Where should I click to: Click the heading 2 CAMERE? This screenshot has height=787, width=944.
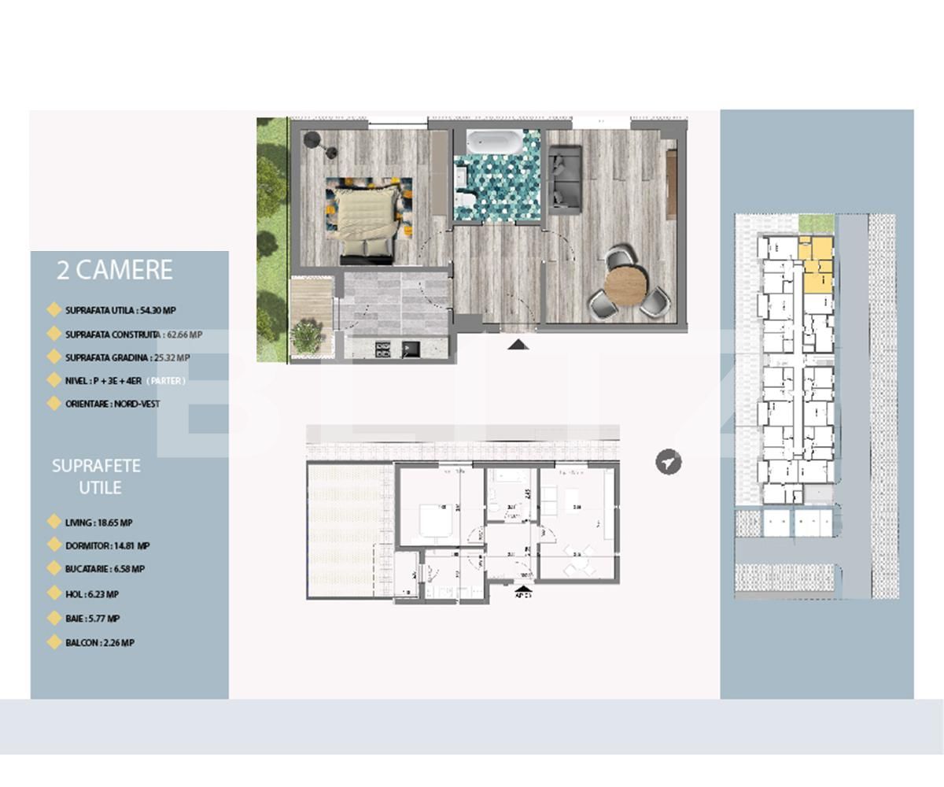pyautogui.click(x=114, y=270)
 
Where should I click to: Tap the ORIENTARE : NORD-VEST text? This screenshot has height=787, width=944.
pyautogui.click(x=112, y=404)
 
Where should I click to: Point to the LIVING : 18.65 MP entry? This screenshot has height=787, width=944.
pyautogui.click(x=98, y=522)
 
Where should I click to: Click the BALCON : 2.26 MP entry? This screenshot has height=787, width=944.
pyautogui.click(x=100, y=642)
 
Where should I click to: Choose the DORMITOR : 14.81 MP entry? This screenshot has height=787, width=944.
pyautogui.click(x=107, y=545)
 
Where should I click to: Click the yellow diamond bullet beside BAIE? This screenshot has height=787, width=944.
pyautogui.click(x=53, y=618)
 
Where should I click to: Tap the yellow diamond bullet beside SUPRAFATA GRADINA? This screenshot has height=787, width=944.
pyautogui.click(x=53, y=357)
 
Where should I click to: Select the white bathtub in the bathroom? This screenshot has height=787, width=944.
pyautogui.click(x=492, y=142)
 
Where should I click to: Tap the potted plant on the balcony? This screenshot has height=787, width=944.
pyautogui.click(x=305, y=337)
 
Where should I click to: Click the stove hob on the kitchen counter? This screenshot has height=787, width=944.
pyautogui.click(x=383, y=349)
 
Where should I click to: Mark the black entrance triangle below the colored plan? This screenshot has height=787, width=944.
pyautogui.click(x=518, y=344)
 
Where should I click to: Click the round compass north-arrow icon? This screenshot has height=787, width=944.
pyautogui.click(x=668, y=462)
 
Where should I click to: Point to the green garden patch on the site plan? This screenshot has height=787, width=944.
pyautogui.click(x=816, y=224)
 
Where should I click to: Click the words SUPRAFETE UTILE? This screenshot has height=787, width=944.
pyautogui.click(x=96, y=476)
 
